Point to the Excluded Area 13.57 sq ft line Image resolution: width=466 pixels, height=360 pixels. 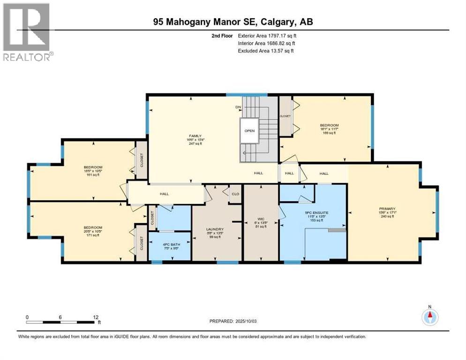265,51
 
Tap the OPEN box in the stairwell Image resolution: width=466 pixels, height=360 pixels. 249,131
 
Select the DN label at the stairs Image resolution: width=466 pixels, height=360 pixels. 238,107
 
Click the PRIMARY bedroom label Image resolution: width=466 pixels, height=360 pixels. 388,209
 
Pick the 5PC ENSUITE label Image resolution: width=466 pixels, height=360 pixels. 317,212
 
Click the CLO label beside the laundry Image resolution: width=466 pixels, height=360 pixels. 235,194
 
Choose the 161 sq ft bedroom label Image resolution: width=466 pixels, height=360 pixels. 93,167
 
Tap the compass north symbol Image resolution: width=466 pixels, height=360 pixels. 429,317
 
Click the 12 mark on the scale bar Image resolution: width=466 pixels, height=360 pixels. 96,317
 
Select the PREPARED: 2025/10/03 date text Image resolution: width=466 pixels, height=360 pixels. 233,321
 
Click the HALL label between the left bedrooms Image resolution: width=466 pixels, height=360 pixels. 164,194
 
